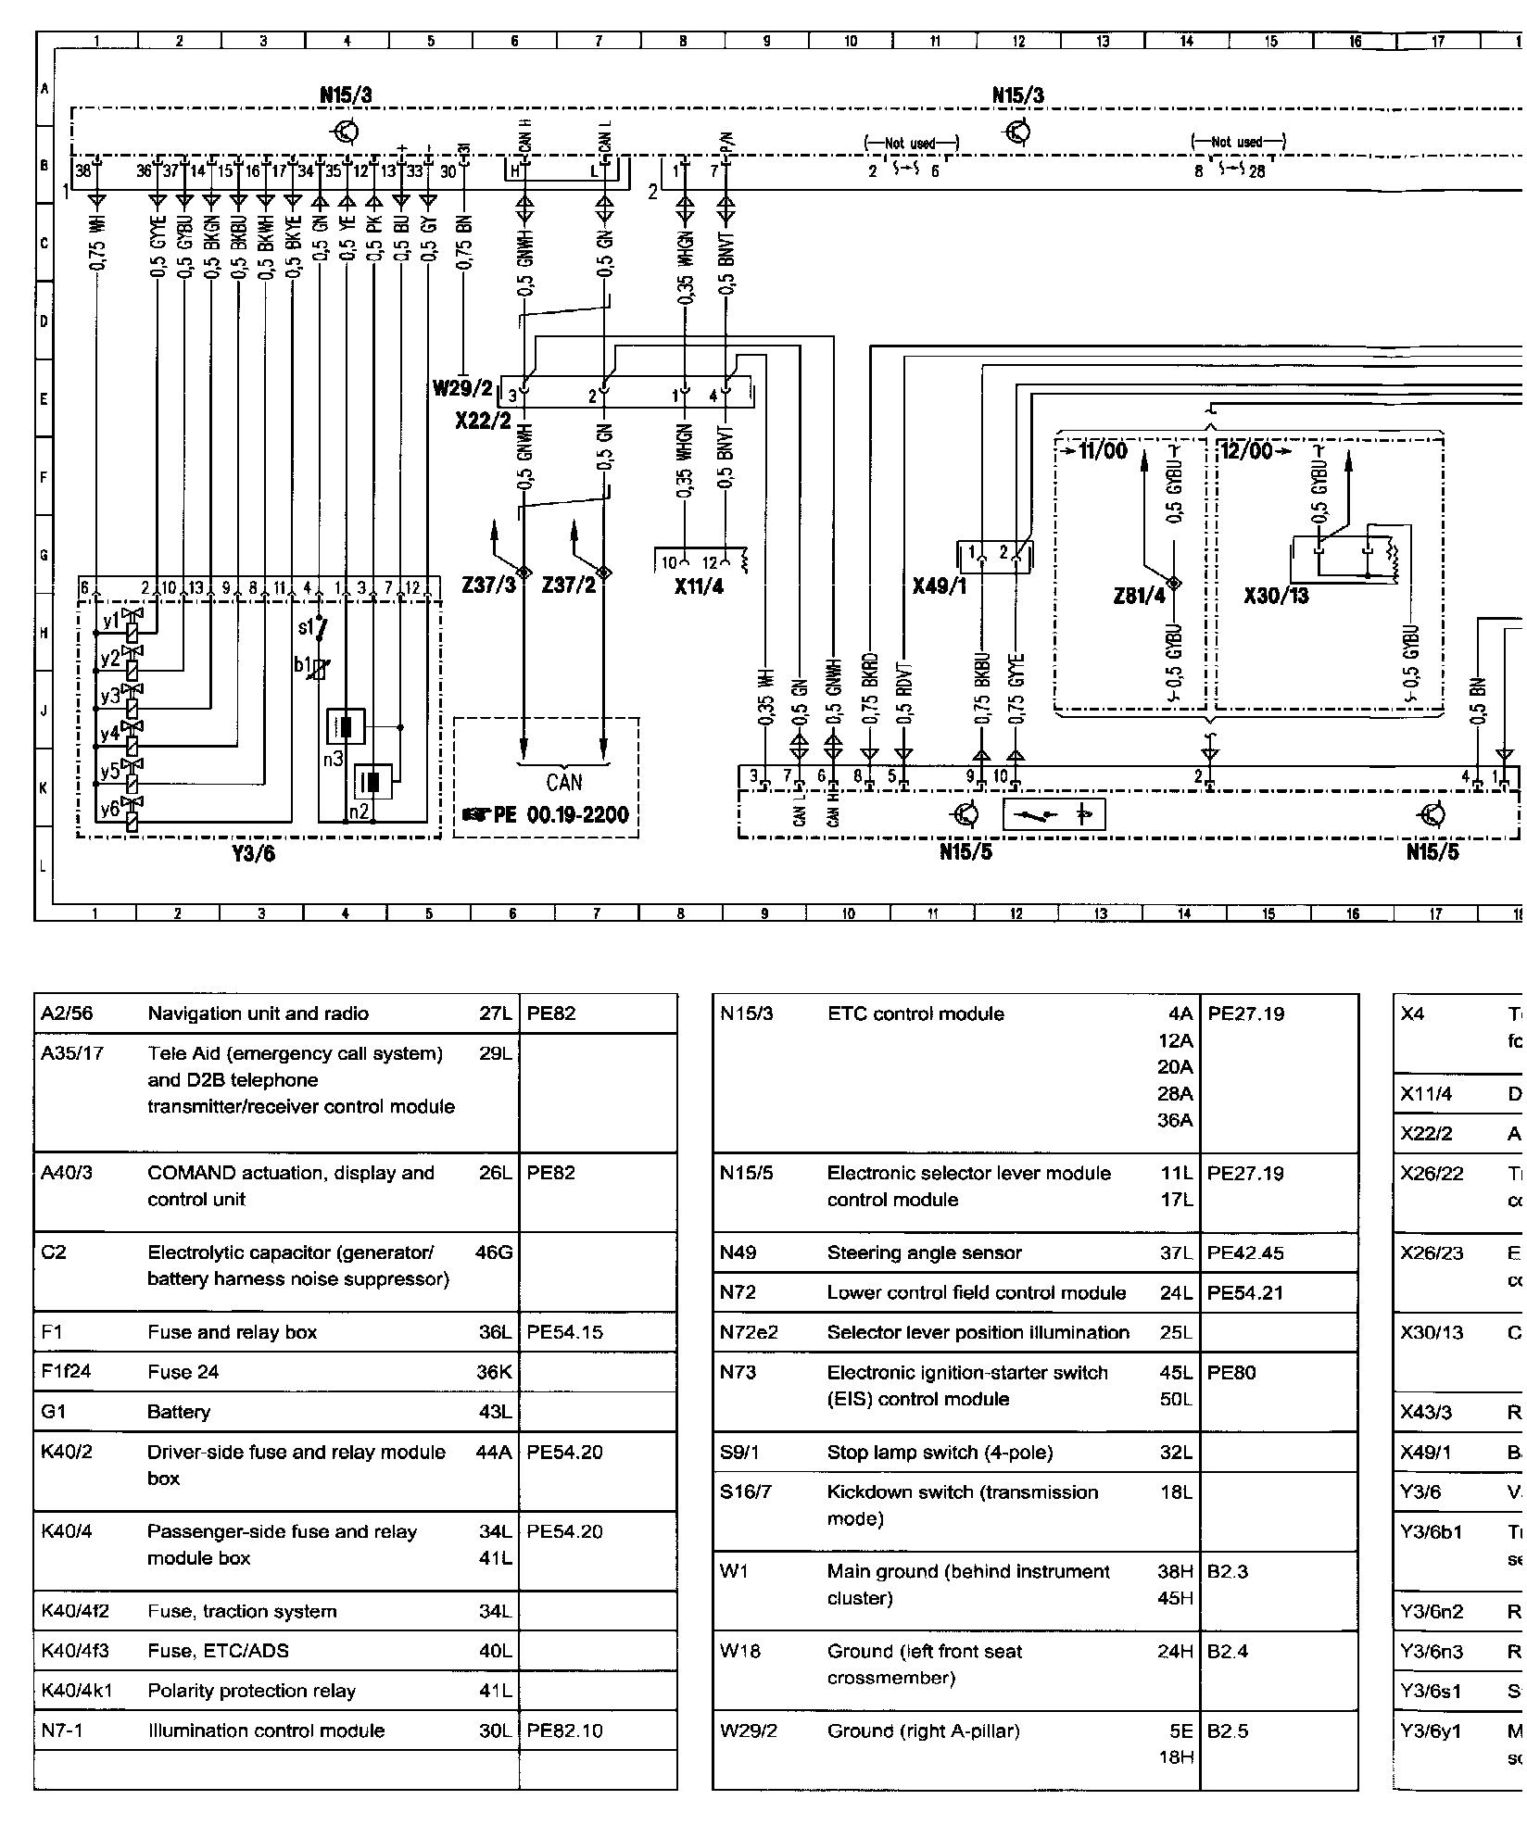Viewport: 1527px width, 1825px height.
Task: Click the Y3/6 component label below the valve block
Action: pyautogui.click(x=252, y=853)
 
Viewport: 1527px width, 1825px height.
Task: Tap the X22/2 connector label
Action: pyautogui.click(x=483, y=421)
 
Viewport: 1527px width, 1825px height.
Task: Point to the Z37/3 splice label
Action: pyautogui.click(x=488, y=585)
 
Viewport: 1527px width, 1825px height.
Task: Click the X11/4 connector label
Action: pyautogui.click(x=699, y=585)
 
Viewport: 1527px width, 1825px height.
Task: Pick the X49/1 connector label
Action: pyautogui.click(x=940, y=585)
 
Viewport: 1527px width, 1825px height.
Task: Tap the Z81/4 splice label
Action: pyautogui.click(x=1140, y=595)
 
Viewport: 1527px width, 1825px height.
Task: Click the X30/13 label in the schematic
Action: pyautogui.click(x=1276, y=595)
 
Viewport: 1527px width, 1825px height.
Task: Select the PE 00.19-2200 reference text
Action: pyautogui.click(x=547, y=815)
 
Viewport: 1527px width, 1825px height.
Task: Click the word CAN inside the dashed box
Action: pyautogui.click(x=563, y=783)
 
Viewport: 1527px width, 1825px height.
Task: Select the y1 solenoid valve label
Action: pyautogui.click(x=111, y=622)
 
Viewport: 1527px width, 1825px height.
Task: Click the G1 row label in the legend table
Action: pyautogui.click(x=55, y=1412)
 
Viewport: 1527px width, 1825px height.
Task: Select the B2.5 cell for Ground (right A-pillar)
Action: pyautogui.click(x=1228, y=1731)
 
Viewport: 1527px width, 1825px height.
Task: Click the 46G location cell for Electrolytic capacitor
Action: pyautogui.click(x=494, y=1253)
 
